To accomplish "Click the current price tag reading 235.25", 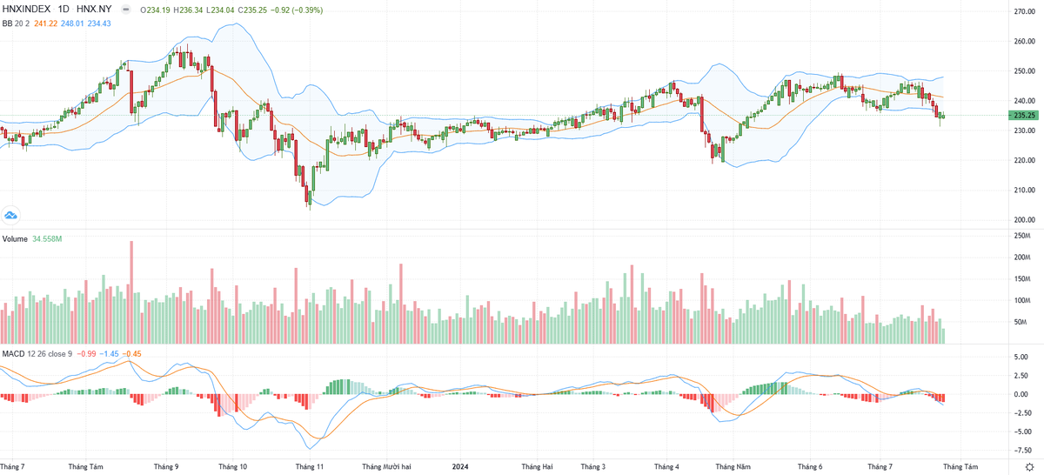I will (1023, 115).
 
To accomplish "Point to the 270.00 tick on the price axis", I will (1023, 11).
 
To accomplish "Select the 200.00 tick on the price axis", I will (1023, 220).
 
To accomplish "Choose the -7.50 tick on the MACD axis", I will (1023, 450).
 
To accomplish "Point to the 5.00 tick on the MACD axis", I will (1023, 357).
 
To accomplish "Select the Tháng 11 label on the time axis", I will (310, 466).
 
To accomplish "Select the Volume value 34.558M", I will (47, 238).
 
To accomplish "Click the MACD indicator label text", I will (13, 354).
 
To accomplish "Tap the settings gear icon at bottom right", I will (1029, 466).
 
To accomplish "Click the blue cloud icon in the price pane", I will (11, 215).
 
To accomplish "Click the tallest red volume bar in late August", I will (131, 291).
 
